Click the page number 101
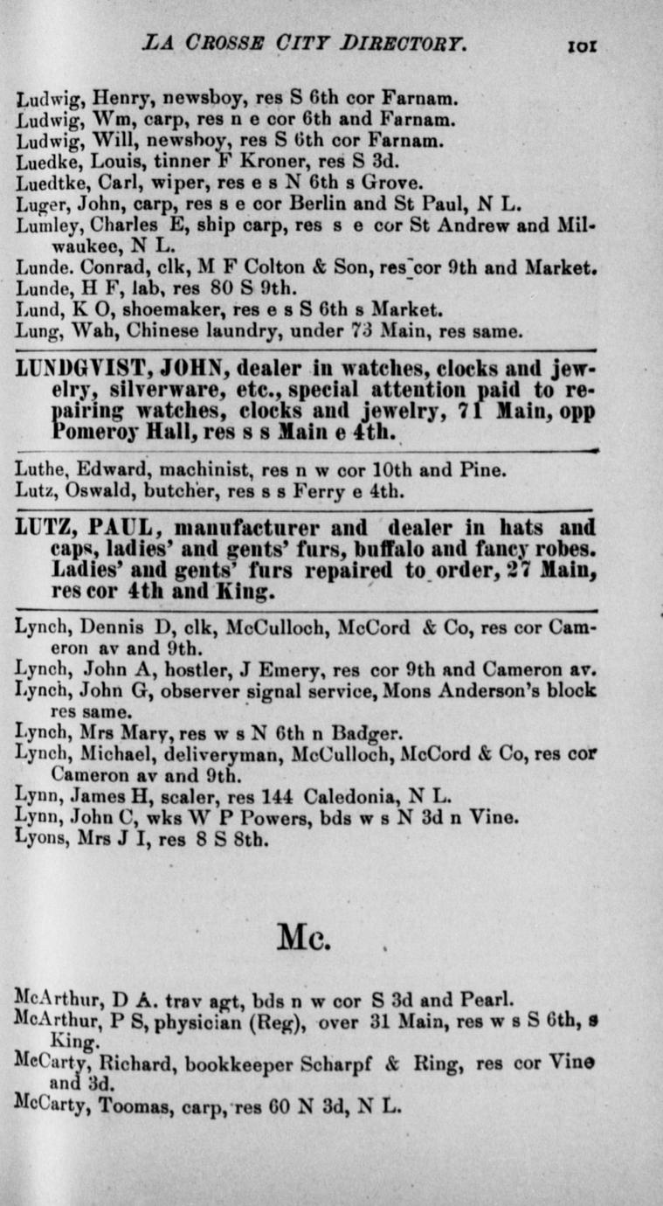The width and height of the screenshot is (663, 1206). point(580,45)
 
